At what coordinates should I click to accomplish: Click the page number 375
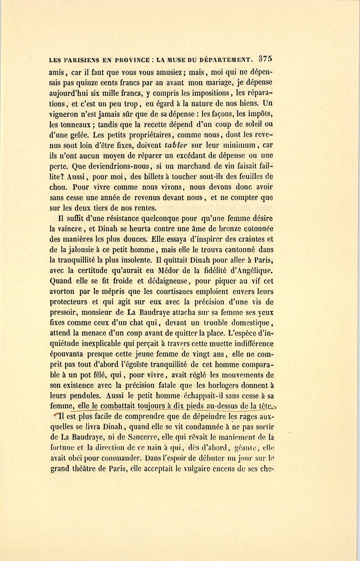[x=265, y=58]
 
